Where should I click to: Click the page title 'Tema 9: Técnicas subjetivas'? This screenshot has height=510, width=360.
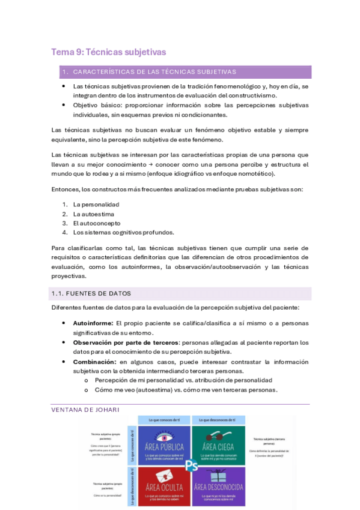coord(108,52)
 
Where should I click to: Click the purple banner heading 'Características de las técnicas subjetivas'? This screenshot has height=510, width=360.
coord(154,72)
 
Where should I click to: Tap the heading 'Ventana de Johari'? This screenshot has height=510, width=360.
coord(85,410)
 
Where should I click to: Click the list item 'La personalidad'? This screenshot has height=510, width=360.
coord(96,204)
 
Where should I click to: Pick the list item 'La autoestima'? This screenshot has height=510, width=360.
coord(93,214)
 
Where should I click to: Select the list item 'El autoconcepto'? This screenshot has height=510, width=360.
coord(96,223)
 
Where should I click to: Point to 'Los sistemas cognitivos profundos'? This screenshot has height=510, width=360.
coord(123,232)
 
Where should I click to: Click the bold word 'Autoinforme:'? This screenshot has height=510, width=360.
coord(93,323)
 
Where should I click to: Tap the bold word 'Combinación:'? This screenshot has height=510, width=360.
coord(94,361)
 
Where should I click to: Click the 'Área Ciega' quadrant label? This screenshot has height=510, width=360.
coord(218,447)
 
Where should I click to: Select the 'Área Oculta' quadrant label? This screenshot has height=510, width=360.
coord(165,487)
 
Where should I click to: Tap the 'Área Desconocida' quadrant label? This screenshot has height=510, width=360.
coord(218,487)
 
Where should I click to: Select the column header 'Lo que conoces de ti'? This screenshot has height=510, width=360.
coord(165,419)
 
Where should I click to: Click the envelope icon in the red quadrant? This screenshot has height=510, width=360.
coord(164,475)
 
